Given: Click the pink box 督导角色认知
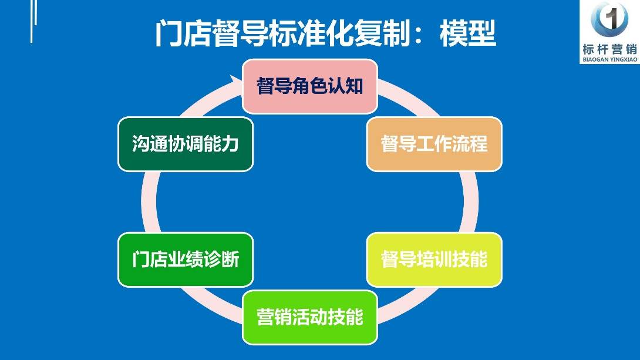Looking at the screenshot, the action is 310,86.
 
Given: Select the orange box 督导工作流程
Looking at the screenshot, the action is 434,144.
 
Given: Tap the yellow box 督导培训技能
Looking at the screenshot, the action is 434,260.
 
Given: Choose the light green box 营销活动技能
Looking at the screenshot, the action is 310,317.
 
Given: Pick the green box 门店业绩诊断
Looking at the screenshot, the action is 186,260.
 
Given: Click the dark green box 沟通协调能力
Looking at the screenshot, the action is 186,144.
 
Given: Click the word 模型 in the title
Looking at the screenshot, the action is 468,33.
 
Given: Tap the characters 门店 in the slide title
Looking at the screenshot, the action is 183,33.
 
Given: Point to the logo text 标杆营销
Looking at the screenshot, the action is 610,49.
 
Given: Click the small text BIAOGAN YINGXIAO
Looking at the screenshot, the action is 610,59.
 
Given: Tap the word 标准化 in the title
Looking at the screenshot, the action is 311,33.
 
